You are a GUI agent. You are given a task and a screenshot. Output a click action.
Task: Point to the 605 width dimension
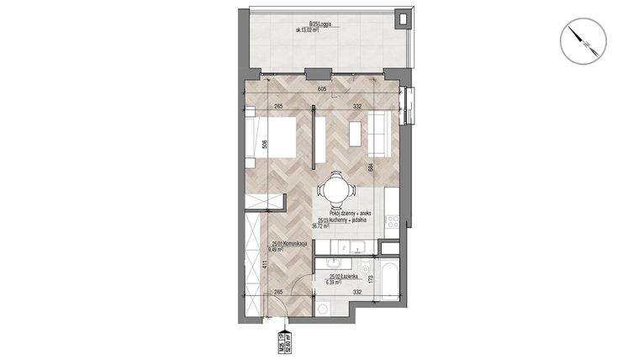pyautogui.click(x=322, y=87)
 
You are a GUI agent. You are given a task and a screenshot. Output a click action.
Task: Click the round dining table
pyautogui.click(x=336, y=188)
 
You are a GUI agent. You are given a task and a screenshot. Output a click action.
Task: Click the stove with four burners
pyautogui.click(x=392, y=221)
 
